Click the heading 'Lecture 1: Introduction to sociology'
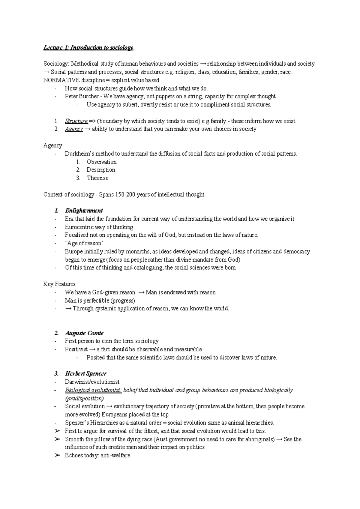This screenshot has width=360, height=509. (x=88, y=47)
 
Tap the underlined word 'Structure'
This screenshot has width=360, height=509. (x=76, y=121)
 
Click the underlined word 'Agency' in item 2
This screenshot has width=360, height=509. (x=74, y=129)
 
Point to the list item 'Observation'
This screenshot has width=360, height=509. (x=101, y=162)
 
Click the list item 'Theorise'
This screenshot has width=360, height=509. (x=97, y=178)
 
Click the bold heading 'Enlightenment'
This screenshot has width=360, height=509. (x=84, y=211)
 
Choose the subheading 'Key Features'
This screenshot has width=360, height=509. (x=59, y=284)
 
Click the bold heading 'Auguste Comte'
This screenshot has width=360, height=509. (x=84, y=333)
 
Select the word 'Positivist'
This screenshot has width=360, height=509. (x=76, y=349)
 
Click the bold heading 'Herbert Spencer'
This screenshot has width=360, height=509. (x=85, y=374)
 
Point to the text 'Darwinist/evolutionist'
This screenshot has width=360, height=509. (x=92, y=382)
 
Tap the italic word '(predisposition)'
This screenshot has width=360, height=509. (x=84, y=398)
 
